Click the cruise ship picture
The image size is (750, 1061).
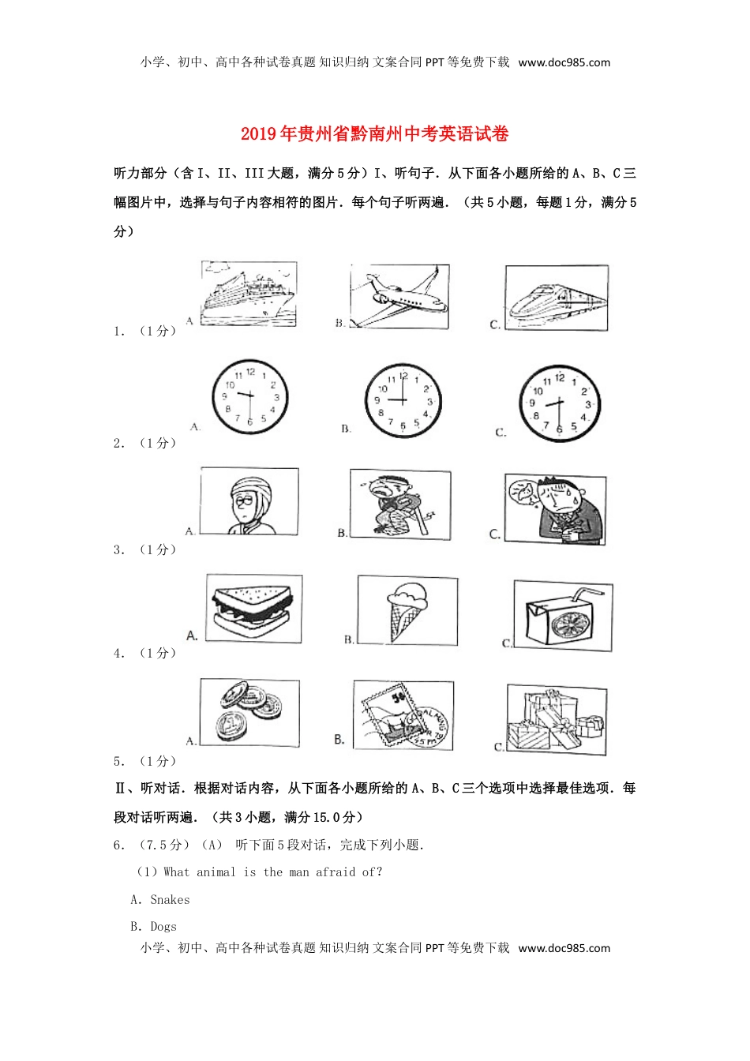coord(248,294)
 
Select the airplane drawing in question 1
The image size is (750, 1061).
coord(399,297)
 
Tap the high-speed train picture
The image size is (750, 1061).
coord(557,298)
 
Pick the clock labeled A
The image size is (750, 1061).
coord(249,397)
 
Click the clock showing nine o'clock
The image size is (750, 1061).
coord(403,401)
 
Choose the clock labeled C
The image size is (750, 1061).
coord(559,403)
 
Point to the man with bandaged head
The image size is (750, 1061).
coord(249,501)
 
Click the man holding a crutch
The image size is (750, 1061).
coord(400,505)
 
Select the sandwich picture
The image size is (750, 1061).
coord(253,609)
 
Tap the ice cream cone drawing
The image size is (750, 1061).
coord(407,610)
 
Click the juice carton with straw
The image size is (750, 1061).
coord(562,616)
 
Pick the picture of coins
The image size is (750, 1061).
coord(249,712)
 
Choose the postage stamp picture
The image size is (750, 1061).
coord(403,715)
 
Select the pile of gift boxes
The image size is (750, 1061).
coord(556,719)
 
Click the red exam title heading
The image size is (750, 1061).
coord(374,134)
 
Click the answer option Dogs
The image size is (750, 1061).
coord(163,926)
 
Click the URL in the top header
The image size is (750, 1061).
coord(564,62)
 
